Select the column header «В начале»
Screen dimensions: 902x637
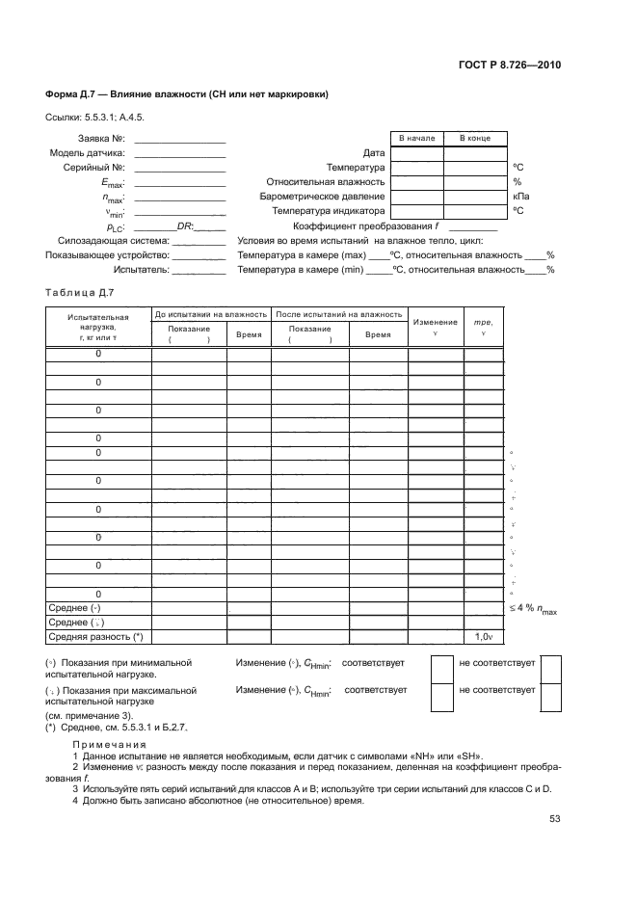click(416, 139)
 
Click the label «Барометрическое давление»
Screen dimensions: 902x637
click(323, 196)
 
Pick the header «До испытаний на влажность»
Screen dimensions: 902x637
click(210, 315)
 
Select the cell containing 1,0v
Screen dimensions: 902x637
click(483, 637)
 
